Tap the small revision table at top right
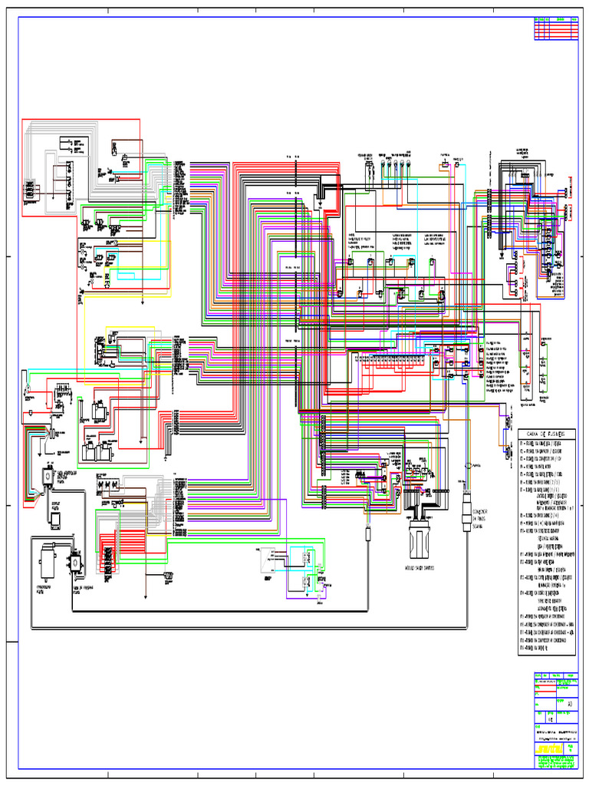pos(555,28)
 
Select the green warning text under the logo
pos(555,762)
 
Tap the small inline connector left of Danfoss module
pos(369,530)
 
